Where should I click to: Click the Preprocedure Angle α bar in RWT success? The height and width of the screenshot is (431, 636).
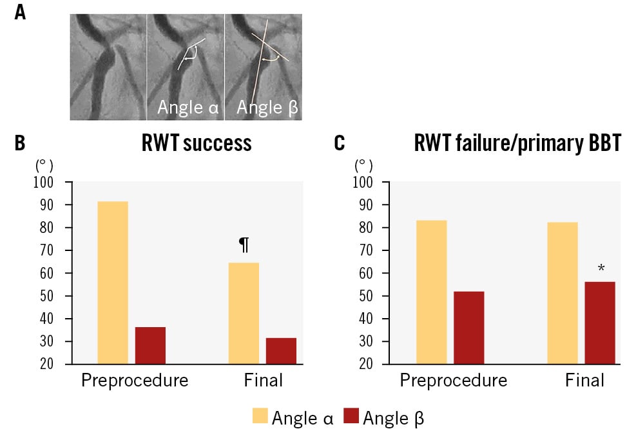tap(113, 283)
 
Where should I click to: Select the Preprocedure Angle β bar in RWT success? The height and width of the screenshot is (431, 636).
tap(151, 345)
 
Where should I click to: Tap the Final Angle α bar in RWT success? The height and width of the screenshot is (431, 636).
tap(244, 313)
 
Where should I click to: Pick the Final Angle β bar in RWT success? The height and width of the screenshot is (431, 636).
tap(281, 351)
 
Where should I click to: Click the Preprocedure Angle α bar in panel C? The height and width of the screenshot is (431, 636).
tap(432, 292)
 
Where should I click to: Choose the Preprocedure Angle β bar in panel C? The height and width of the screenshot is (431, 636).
tap(469, 328)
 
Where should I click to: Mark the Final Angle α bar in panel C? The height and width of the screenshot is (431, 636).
tap(563, 293)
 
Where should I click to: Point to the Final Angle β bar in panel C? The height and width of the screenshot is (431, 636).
tap(600, 323)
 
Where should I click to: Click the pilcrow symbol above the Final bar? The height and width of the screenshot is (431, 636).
tap(244, 245)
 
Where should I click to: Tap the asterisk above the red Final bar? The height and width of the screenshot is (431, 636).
tap(601, 268)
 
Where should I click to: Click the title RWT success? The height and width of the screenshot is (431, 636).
tap(197, 143)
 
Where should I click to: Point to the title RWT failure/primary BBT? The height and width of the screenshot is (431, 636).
tap(517, 143)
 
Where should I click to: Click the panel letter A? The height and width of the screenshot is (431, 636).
tap(20, 12)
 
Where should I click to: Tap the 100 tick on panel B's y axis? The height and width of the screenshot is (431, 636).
tap(43, 183)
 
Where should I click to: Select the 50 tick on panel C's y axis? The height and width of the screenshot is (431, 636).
tap(365, 296)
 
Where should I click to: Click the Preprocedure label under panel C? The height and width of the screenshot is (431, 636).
tap(454, 381)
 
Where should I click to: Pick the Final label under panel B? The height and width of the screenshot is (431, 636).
tap(264, 381)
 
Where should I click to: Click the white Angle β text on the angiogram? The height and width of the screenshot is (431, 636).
tap(267, 108)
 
